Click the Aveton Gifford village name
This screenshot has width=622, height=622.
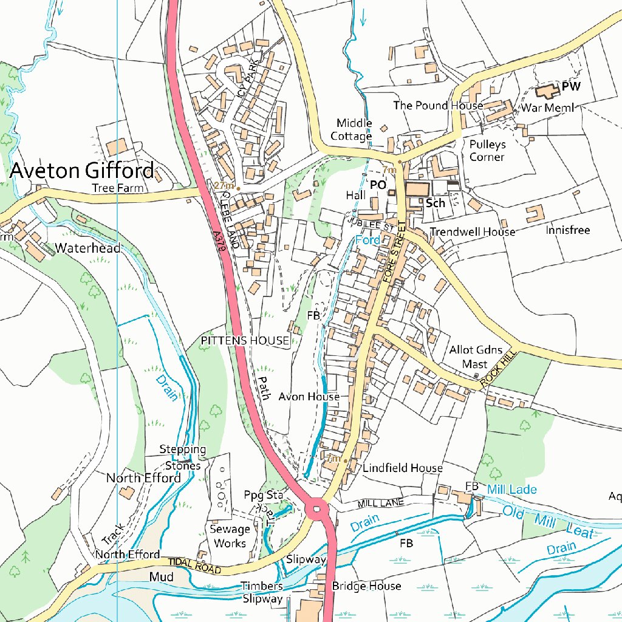pos(81,170)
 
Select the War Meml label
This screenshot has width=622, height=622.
pos(548,108)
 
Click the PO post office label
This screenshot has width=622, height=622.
pos(378,184)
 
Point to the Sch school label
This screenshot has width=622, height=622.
pos(435,203)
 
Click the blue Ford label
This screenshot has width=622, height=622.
pos(367,241)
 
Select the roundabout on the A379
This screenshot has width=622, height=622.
pos(317,508)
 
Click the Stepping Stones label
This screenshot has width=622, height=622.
pos(182,457)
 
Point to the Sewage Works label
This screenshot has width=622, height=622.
pos(230,536)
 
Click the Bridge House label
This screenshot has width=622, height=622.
pos(366,586)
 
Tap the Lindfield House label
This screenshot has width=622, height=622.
pos(403,468)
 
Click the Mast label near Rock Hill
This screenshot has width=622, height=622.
pos(475,364)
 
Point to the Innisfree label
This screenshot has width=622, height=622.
pos(567,230)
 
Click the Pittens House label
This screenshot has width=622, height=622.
pos(245,341)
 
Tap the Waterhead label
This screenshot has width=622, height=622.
pos(87,248)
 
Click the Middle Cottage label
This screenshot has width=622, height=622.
pos(354,129)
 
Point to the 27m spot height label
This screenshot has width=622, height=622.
pos(224,185)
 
